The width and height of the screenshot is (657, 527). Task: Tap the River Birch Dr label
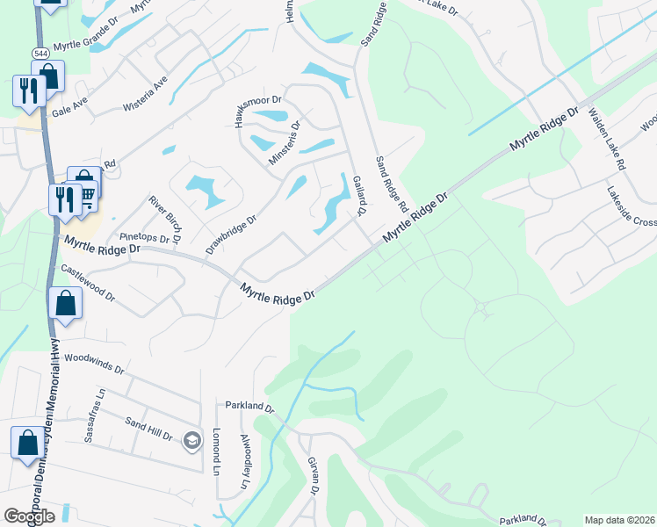coord(164,219)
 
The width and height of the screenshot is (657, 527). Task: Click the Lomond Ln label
coord(216,451)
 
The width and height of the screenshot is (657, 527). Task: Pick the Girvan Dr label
coord(312,473)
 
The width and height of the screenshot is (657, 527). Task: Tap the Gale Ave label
coord(70,103)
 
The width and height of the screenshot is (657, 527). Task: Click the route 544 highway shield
coord(41,54)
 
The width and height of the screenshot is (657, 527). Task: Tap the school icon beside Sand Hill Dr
coord(191,439)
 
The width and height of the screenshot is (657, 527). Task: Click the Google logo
coord(29,516)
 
